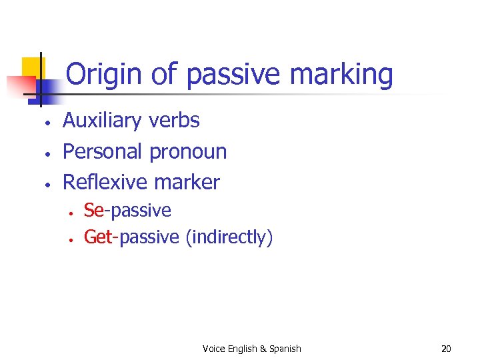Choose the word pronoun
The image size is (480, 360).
(x=188, y=151)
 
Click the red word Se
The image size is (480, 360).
(x=94, y=211)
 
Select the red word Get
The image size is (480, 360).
(x=98, y=237)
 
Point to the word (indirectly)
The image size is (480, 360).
(x=229, y=237)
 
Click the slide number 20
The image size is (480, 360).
(x=447, y=349)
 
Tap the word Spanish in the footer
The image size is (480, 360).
(x=285, y=349)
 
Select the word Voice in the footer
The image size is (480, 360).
(x=215, y=349)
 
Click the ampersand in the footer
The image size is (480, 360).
(x=263, y=349)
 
